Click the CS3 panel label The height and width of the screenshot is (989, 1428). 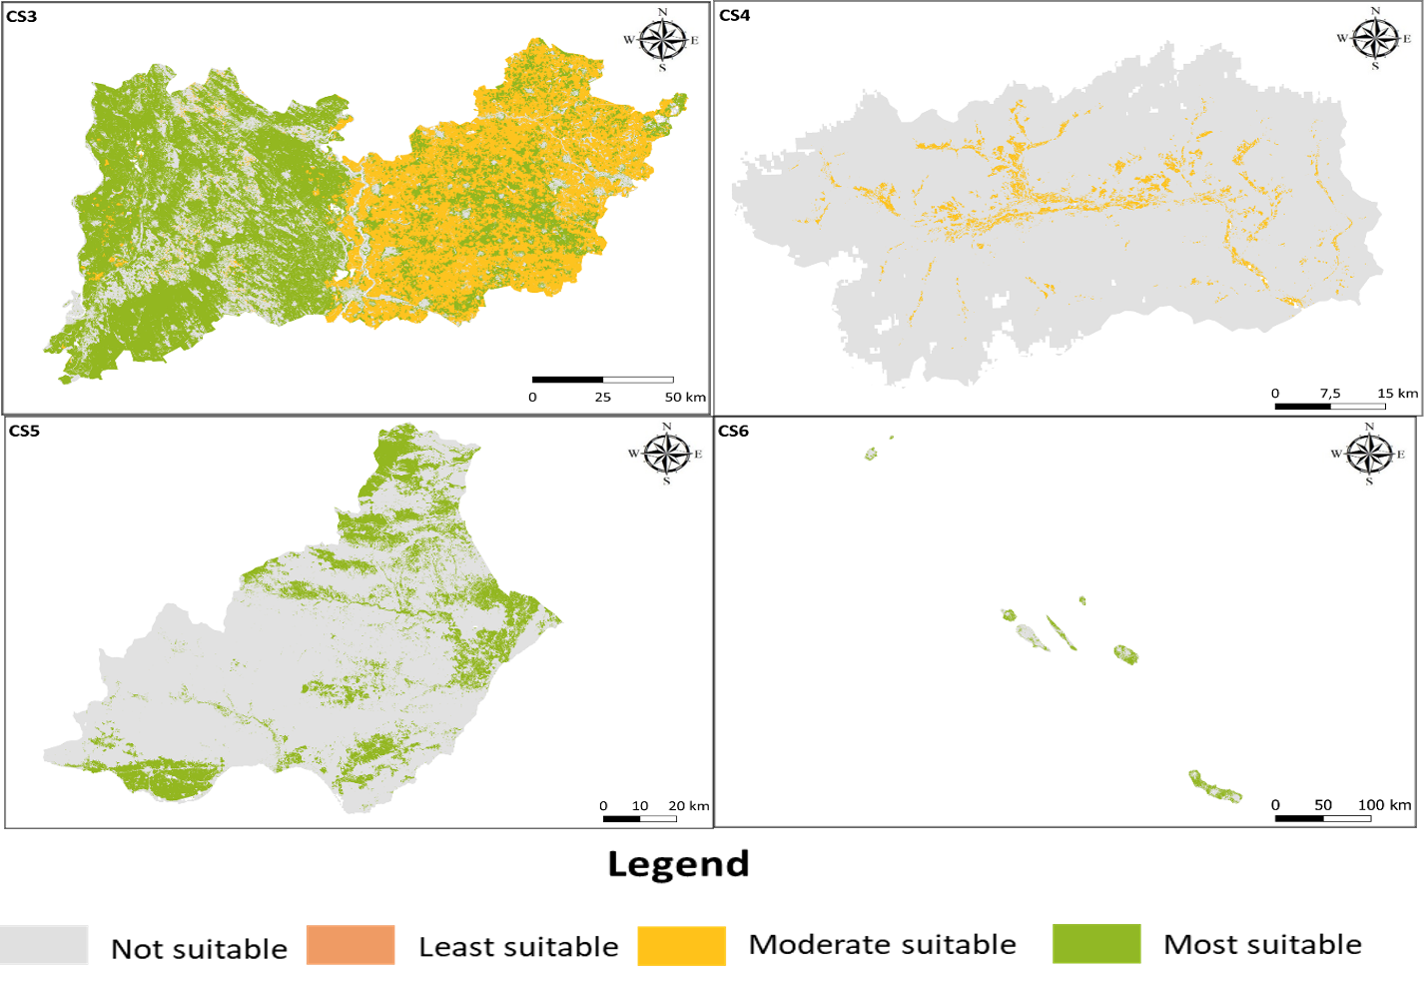[22, 17]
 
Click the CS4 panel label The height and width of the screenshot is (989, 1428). [735, 15]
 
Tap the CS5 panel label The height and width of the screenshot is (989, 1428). [24, 432]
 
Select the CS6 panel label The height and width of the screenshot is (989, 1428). [733, 432]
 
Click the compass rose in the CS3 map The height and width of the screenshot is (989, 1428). [663, 41]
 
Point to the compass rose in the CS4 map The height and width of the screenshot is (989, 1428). [1375, 39]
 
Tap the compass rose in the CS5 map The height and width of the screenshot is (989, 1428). [667, 455]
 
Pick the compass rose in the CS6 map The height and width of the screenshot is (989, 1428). [1369, 455]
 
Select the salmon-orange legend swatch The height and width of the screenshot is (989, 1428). [351, 945]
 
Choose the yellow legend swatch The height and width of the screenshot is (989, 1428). [682, 945]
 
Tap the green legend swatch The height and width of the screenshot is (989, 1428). [1096, 943]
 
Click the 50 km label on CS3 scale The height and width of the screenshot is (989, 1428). [685, 398]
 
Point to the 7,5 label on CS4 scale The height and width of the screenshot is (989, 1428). [1330, 394]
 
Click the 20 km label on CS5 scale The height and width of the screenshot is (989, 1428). [689, 806]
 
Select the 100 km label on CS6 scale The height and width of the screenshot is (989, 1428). [1384, 805]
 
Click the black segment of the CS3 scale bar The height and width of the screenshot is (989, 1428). [567, 380]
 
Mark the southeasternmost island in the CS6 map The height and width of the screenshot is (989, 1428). [1215, 787]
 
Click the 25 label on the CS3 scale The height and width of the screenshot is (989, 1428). [603, 398]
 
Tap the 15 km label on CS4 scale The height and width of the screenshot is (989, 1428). [1397, 394]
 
